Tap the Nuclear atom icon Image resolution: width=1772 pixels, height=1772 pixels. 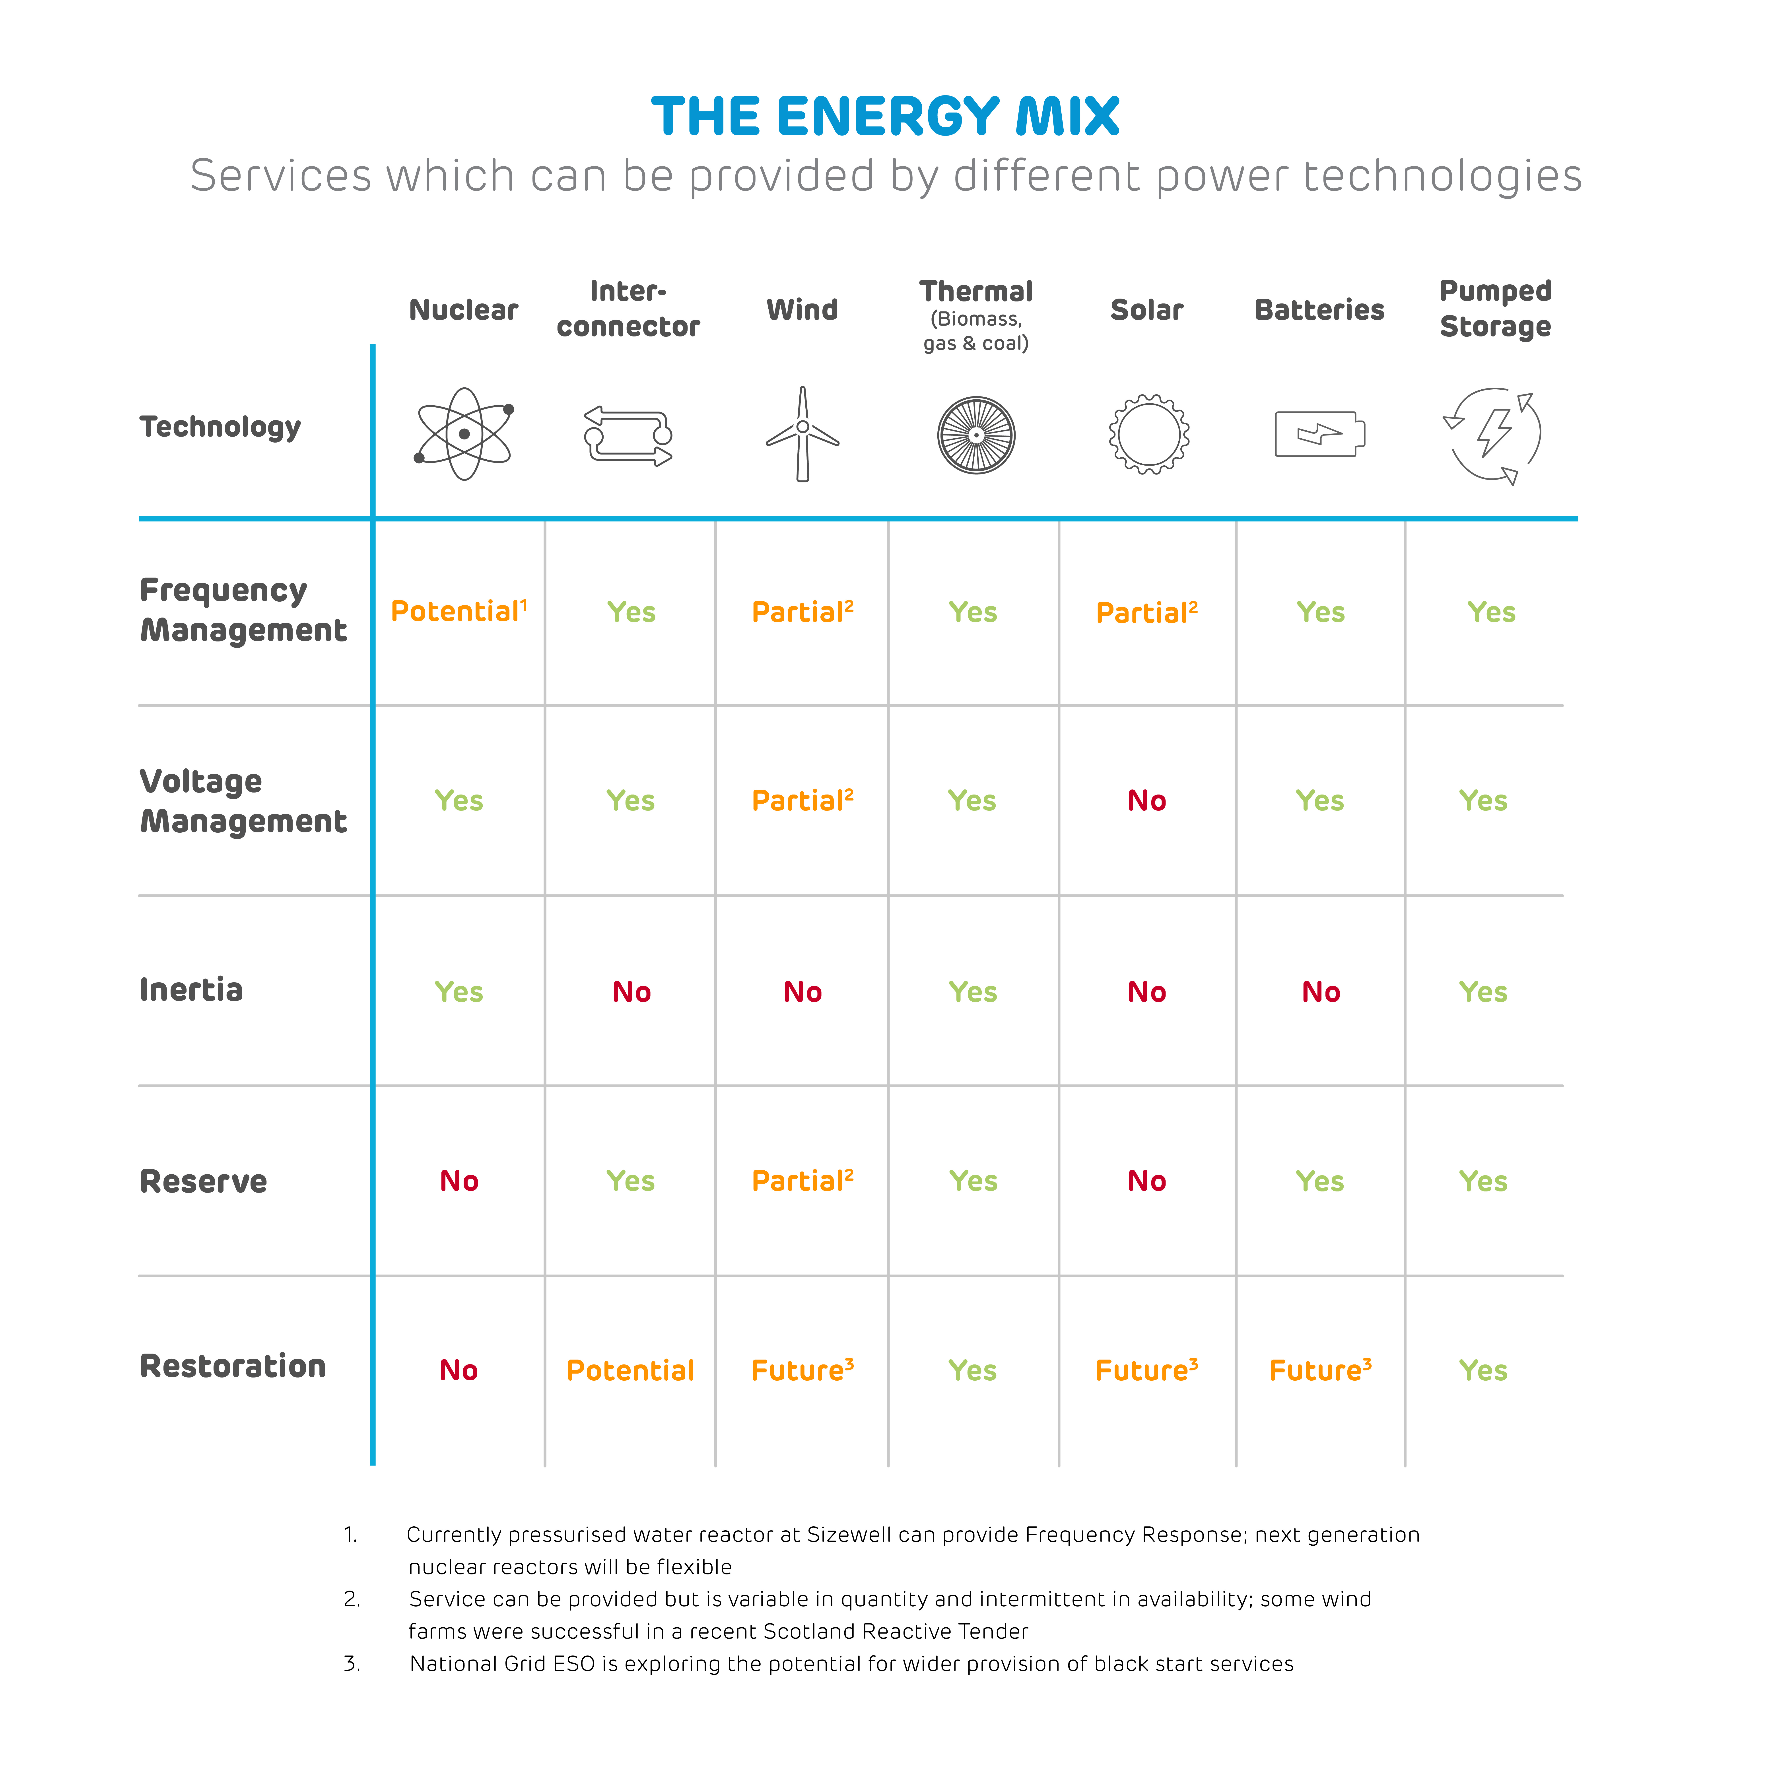pos(464,434)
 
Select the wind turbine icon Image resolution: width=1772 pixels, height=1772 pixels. pos(802,434)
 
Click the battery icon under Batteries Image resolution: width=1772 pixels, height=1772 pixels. pos(1320,434)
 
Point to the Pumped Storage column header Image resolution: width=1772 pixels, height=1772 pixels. pos(1495,309)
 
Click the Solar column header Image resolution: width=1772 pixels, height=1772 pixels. pos(1146,310)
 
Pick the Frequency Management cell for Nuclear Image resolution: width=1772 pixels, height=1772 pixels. pos(459,612)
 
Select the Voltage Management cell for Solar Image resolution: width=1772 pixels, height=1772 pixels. pos(1146,801)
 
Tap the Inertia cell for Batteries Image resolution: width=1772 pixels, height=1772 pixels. pos(1321,991)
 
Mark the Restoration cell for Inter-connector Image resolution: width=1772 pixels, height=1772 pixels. pos(630,1370)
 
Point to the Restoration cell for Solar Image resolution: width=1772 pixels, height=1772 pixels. pos(1146,1370)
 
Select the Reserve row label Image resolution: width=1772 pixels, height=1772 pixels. pos(204,1181)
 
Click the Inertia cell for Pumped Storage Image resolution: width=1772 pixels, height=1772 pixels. pos(1483,991)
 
